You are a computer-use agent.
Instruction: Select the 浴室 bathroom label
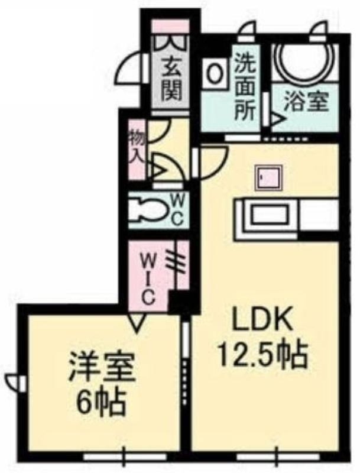pos(306,101)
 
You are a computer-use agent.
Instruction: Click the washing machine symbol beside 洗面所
pos(216,73)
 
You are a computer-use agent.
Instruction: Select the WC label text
pos(177,209)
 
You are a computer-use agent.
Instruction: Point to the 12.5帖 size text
pos(263,355)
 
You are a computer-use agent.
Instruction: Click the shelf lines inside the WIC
pos(178,260)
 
